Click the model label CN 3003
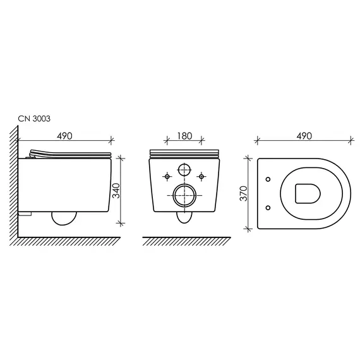pyautogui.click(x=34, y=119)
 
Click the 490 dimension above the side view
pyautogui.click(x=64, y=136)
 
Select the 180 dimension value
pyautogui.click(x=184, y=136)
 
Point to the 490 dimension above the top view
pyautogui.click(x=304, y=136)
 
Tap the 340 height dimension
pyautogui.click(x=116, y=191)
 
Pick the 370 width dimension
pyautogui.click(x=243, y=193)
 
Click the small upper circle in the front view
pyautogui.click(x=184, y=170)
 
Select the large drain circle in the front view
pyautogui.click(x=184, y=195)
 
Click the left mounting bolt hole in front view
pyautogui.click(x=167, y=176)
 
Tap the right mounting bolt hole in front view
pyautogui.click(x=201, y=176)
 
